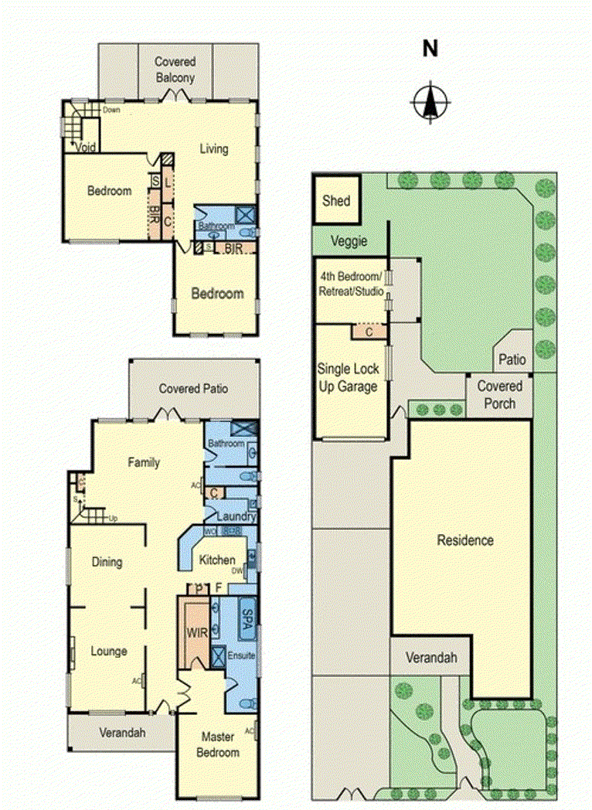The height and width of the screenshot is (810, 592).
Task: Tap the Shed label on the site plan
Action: [335, 201]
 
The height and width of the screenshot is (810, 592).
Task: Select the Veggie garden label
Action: [349, 240]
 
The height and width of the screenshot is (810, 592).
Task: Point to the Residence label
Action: [464, 540]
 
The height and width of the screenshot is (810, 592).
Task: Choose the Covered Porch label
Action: [499, 394]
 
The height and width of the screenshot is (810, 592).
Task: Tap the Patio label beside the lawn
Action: [512, 359]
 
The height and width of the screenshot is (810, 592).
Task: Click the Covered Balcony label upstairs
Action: [175, 70]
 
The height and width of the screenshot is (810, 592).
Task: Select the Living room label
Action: [214, 148]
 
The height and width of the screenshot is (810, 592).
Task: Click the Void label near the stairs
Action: [85, 147]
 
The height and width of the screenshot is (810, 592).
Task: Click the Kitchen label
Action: [217, 560]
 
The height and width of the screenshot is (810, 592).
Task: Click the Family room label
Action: [144, 463]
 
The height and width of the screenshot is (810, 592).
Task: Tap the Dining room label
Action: [107, 562]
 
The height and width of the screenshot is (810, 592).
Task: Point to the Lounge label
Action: [108, 652]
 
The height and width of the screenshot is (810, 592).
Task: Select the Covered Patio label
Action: [193, 389]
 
